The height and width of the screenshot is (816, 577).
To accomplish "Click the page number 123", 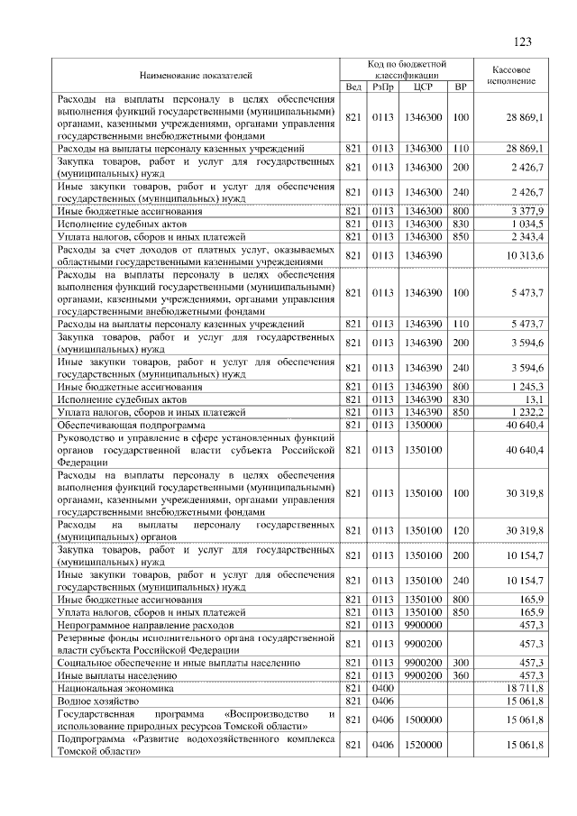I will [521, 42].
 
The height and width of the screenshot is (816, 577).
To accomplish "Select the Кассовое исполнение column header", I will [511, 74].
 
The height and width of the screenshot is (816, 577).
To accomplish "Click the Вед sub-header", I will [354, 87].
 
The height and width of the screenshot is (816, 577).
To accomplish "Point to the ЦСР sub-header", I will [423, 87].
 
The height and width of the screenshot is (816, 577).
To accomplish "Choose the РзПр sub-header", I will [384, 87].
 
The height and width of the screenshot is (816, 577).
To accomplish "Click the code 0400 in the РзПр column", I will [384, 687].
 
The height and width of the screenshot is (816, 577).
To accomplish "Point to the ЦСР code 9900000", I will [423, 623].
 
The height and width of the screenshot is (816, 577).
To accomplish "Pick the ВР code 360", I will [461, 674].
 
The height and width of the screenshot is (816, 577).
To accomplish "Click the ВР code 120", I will [461, 530].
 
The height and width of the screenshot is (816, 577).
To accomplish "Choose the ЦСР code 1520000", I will [423, 745].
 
